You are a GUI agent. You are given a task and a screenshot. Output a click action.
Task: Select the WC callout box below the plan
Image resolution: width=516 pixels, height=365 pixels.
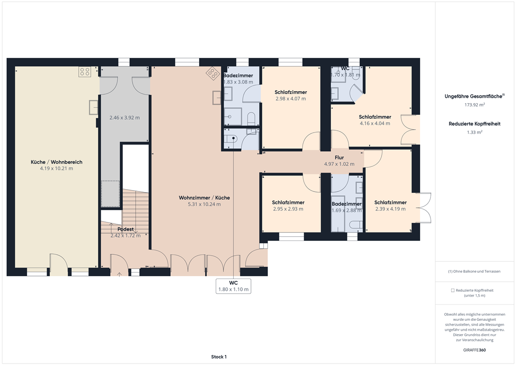pyautogui.click(x=233, y=286)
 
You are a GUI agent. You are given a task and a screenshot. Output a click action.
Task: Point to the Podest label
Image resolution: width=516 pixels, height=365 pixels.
pyautogui.click(x=126, y=229)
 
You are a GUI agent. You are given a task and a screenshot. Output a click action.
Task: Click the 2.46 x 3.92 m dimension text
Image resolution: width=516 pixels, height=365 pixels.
pyautogui.click(x=124, y=117)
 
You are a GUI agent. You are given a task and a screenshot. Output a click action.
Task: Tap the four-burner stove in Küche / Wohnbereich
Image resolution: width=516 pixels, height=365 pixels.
pyautogui.click(x=85, y=72)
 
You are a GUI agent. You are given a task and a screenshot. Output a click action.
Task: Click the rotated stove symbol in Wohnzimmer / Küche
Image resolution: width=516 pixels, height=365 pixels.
pyautogui.click(x=212, y=73)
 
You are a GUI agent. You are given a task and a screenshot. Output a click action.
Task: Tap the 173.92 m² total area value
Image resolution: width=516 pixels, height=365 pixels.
pyautogui.click(x=475, y=105)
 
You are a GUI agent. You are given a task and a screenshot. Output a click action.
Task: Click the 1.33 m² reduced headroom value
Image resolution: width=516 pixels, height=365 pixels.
pyautogui.click(x=475, y=132)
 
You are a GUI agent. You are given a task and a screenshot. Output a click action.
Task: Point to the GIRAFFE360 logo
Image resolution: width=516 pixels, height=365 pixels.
pyautogui.click(x=475, y=350)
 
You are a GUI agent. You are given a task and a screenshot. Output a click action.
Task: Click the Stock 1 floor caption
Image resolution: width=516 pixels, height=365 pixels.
pyautogui.click(x=219, y=357)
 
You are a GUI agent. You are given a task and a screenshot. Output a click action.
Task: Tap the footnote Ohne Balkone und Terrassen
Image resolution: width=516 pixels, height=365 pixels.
pyautogui.click(x=474, y=271)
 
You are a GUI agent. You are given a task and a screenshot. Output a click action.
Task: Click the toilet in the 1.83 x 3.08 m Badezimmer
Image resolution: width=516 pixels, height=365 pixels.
pyautogui.click(x=251, y=118)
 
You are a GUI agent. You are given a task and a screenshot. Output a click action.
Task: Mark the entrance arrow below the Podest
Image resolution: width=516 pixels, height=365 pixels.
pyautogui.click(x=119, y=274)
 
